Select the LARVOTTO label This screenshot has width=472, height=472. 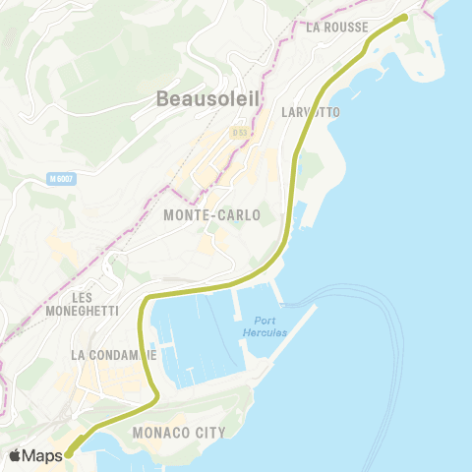pyautogui.click(x=311, y=112)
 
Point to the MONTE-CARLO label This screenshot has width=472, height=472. pyautogui.click(x=212, y=214)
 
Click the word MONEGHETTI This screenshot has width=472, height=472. pyautogui.click(x=82, y=311)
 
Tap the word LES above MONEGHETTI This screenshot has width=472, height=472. pyautogui.click(x=83, y=296)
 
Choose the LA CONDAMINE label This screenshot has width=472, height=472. pyautogui.click(x=114, y=354)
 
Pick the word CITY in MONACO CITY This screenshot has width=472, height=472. pyautogui.click(x=209, y=432)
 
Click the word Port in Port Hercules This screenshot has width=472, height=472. pyautogui.click(x=265, y=321)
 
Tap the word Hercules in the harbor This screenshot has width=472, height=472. pyautogui.click(x=265, y=332)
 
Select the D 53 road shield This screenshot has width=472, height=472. pyautogui.click(x=239, y=131)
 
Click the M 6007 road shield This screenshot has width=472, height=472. pyautogui.click(x=61, y=178)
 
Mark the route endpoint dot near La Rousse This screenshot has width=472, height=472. pyautogui.click(x=402, y=17)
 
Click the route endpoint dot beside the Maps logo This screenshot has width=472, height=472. pyautogui.click(x=68, y=454)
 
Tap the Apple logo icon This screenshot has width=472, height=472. pyautogui.click(x=17, y=455)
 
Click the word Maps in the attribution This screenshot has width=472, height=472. pyautogui.click(x=43, y=455)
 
